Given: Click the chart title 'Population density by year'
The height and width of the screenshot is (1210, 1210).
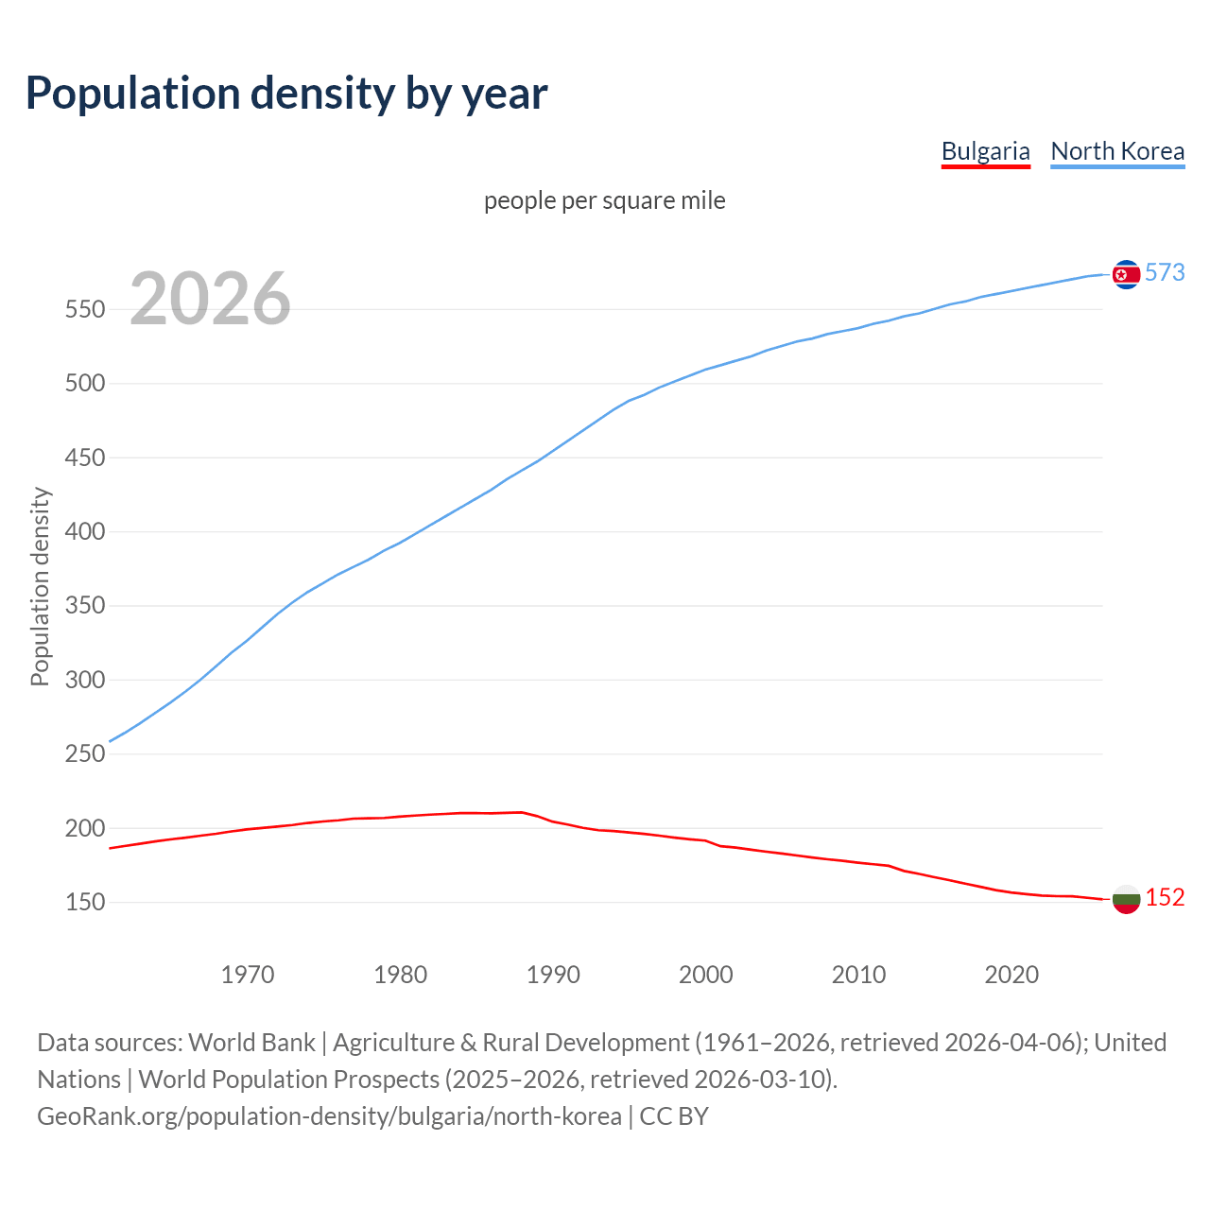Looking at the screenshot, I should [x=286, y=93].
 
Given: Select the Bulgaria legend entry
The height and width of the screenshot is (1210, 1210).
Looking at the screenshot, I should [x=985, y=151].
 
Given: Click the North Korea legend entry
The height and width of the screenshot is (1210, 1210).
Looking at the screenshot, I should [x=1117, y=151].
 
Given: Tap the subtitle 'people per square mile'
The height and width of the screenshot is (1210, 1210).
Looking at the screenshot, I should [x=605, y=200].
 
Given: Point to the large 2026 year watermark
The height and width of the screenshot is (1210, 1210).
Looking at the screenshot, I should [x=210, y=299].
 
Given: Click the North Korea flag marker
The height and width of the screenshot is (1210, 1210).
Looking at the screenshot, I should [x=1126, y=274].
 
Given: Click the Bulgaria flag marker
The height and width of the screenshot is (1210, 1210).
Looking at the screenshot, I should [x=1126, y=899].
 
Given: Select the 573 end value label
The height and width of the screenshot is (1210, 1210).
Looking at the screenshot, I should [x=1165, y=272].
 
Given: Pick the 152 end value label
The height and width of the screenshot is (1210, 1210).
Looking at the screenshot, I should [x=1165, y=897].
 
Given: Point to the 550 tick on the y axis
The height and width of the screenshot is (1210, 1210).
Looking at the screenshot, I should [x=84, y=309].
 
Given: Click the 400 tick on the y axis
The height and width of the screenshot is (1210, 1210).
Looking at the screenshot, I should [x=84, y=531].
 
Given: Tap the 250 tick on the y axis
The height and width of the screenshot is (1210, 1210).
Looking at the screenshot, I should [x=84, y=753].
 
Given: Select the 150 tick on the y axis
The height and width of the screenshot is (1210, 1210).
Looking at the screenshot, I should [x=84, y=902].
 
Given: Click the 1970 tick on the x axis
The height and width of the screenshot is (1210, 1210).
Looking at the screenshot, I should [x=248, y=974].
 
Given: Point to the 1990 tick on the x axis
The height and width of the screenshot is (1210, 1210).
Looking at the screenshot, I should [x=553, y=974].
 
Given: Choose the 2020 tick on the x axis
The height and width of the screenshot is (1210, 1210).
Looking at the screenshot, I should [x=1011, y=974].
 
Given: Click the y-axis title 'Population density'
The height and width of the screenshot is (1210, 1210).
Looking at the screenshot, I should [x=40, y=586].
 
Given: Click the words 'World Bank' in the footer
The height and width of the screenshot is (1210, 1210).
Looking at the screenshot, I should [x=251, y=1043].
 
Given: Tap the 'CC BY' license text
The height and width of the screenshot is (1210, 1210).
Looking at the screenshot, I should [x=674, y=1116].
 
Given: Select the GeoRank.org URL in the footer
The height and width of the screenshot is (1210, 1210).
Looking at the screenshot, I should [x=329, y=1116].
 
